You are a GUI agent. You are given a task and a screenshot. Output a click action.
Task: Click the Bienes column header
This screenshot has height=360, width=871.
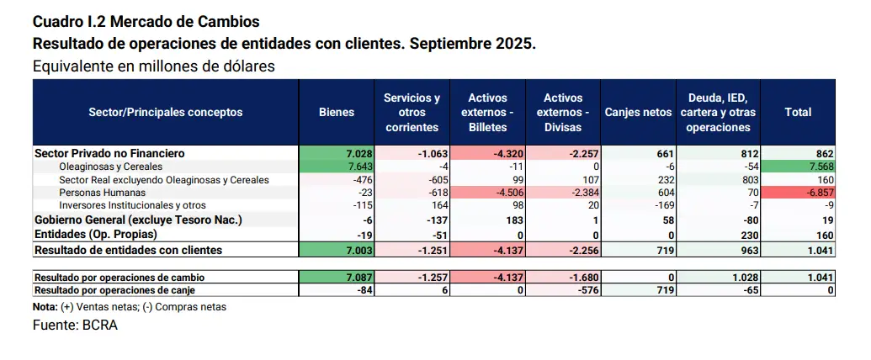pos(337,112)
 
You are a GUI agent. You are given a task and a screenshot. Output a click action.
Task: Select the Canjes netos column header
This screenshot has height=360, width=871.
pos(639,112)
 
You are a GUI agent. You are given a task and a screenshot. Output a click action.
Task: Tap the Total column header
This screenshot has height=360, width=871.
pos(798,112)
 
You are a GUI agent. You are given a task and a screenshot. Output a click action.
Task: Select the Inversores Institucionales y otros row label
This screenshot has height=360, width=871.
pos(132,205)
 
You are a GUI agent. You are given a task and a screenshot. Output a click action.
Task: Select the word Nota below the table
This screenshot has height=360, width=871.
pos(45,307)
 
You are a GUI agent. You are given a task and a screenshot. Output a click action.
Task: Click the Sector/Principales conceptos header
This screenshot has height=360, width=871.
pos(166,112)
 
